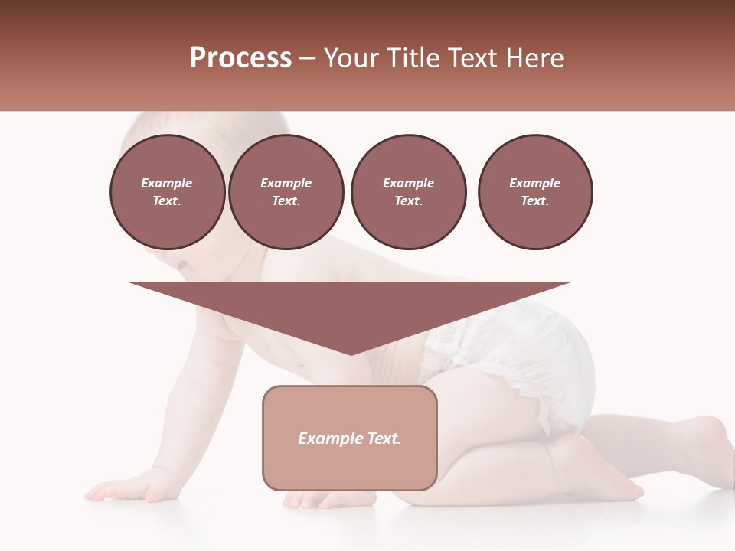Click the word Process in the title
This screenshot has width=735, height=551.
[240, 58]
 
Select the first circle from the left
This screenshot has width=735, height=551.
[167, 191]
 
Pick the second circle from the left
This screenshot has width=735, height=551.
[286, 191]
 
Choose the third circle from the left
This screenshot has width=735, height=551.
[408, 191]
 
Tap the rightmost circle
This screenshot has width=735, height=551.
[535, 191]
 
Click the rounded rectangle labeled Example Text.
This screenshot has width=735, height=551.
[350, 438]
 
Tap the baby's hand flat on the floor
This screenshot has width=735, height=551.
[126, 487]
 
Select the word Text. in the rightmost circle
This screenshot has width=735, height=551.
[534, 201]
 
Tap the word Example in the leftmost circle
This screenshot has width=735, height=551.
[167, 183]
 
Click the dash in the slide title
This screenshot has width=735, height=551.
[308, 59]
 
